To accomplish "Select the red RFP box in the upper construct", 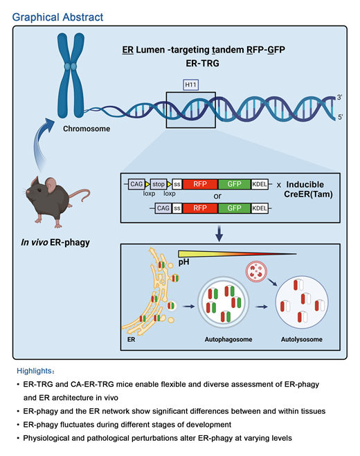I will click(200, 184).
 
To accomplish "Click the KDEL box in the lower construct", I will click(262, 208).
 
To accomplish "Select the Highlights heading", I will click(32, 370).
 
